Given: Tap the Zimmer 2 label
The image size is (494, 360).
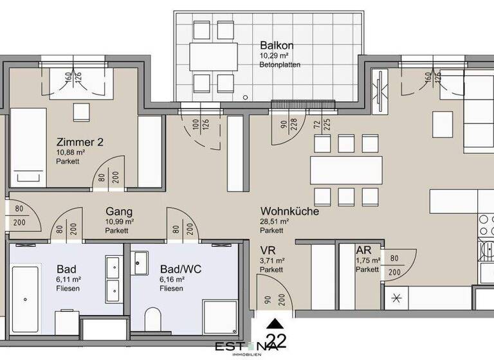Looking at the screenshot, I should coord(80,142).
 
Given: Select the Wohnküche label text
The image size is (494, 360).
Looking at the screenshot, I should coord(289,211).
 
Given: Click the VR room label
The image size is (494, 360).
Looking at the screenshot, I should coord(268,250).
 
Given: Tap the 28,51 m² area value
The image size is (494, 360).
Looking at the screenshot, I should coord(275,221).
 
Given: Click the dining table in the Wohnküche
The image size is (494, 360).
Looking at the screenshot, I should coord(346,170).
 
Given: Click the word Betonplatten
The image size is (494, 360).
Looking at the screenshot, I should coord(280,65).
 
